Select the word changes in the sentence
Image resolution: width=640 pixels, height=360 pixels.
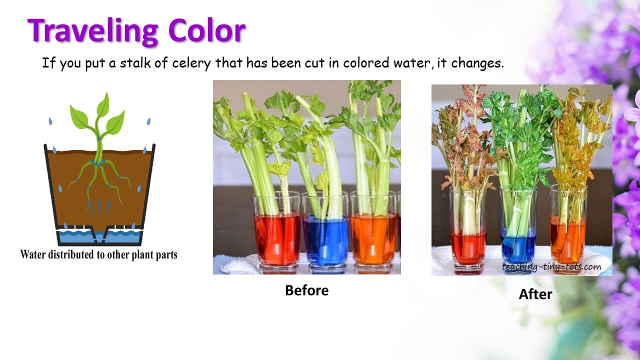pyautogui.click(x=477, y=63)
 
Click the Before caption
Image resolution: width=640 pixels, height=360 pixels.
pyautogui.click(x=306, y=290)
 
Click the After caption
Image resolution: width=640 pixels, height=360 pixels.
pyautogui.click(x=535, y=294)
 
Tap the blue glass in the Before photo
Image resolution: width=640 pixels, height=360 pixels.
pyautogui.click(x=325, y=240)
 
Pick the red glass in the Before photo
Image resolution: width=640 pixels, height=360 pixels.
pyautogui.click(x=277, y=237)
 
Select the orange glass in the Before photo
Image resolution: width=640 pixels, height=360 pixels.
pyautogui.click(x=373, y=237)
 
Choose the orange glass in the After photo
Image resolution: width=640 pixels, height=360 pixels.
pyautogui.click(x=568, y=240)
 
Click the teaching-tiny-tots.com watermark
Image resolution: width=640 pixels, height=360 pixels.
pyautogui.click(x=551, y=267)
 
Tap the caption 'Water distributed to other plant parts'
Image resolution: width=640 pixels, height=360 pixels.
pyautogui.click(x=98, y=254)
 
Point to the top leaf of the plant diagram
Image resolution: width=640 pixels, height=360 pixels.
pyautogui.click(x=103, y=104)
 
